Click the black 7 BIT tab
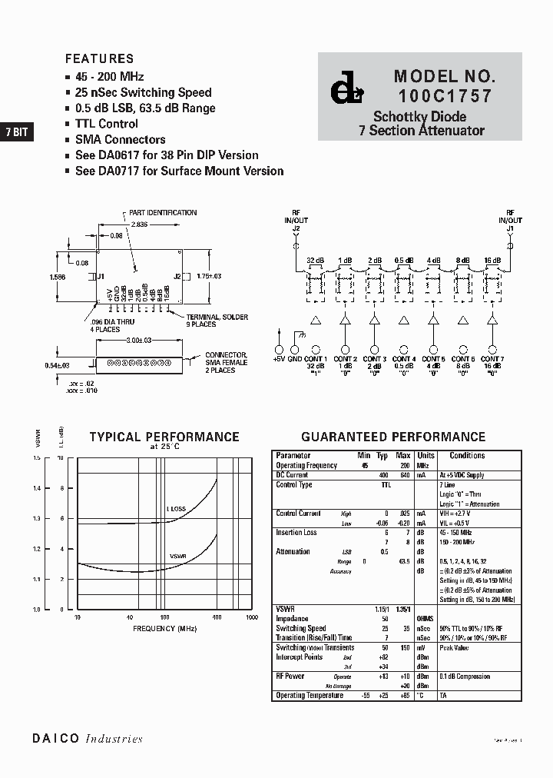pos(16,131)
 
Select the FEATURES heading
pos(99,58)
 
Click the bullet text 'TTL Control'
pos(106,124)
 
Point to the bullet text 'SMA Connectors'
pos(120,140)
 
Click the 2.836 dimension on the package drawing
pos(139,224)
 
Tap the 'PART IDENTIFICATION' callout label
pos(162,213)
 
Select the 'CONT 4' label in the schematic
pos(403,359)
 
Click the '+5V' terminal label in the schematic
pos(280,359)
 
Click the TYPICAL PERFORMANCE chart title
pos(164,437)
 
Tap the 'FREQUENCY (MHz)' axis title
pos(164,628)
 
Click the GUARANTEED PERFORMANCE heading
pos(392,437)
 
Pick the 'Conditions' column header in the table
pos(467,456)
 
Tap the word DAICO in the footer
pos(56,739)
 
